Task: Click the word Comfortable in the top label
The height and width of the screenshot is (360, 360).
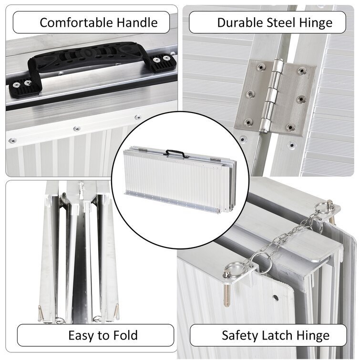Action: point(76,23)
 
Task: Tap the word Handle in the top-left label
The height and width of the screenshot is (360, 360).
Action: point(137,23)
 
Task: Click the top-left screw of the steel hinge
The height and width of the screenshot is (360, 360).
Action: point(260,67)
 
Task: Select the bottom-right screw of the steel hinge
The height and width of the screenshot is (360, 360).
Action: point(290,127)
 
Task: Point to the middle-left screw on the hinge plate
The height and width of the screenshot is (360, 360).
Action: point(250,94)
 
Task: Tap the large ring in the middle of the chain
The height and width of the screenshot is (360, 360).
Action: point(261,263)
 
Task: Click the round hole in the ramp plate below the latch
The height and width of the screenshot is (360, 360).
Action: point(275,298)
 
